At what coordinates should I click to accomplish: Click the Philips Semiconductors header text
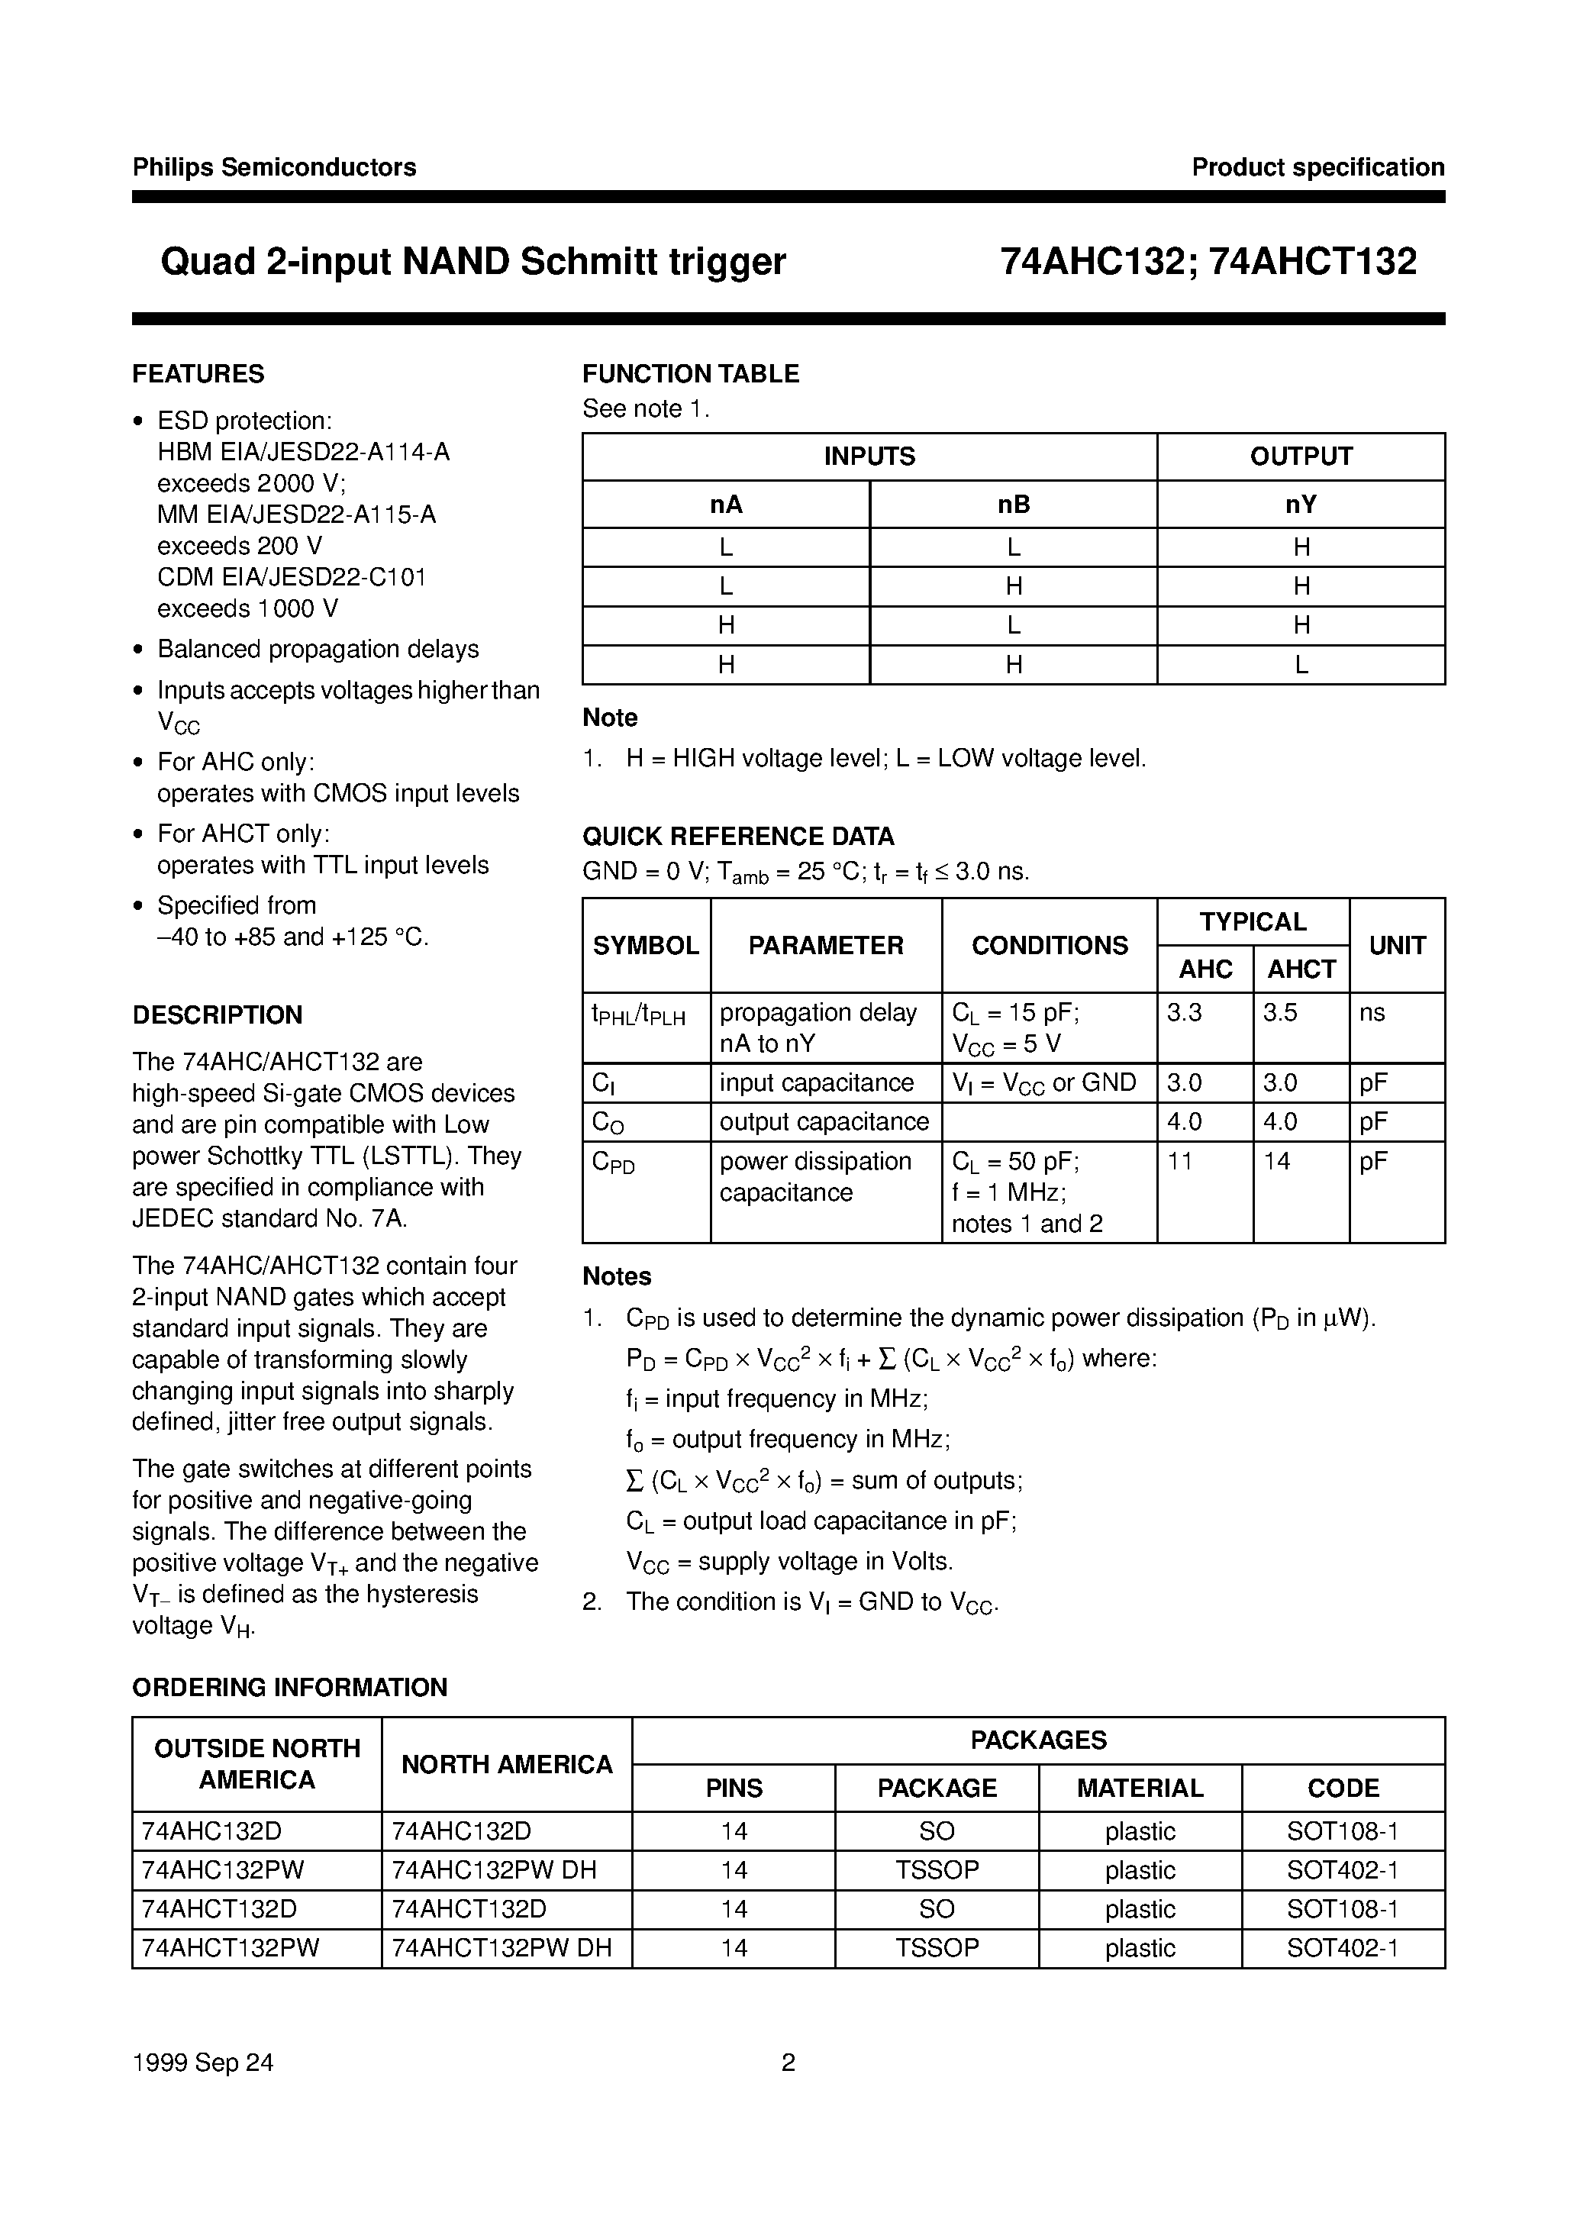(274, 167)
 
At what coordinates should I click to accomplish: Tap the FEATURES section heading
(198, 374)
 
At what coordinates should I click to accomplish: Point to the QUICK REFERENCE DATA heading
(738, 836)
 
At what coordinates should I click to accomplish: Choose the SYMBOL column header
(646, 945)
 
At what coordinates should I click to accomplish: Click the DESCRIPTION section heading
(217, 1015)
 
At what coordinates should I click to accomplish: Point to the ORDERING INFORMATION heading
(290, 1688)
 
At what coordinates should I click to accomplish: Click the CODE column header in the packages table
(1343, 1789)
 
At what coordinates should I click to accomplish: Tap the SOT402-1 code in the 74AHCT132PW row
(1343, 1948)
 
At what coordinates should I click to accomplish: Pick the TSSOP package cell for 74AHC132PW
(937, 1870)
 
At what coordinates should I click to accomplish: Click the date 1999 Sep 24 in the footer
(203, 2063)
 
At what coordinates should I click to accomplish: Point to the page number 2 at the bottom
(788, 2063)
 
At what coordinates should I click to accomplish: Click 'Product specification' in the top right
(1317, 167)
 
